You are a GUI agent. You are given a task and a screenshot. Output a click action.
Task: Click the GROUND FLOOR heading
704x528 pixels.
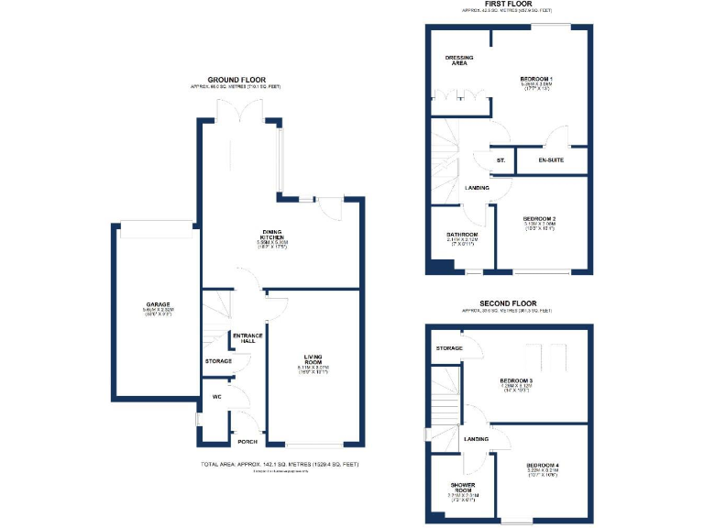pyautogui.click(x=236, y=80)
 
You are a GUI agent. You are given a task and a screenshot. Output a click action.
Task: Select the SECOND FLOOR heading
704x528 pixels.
pyautogui.click(x=507, y=303)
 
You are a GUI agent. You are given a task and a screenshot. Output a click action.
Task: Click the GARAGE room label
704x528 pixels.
pyautogui.click(x=158, y=304)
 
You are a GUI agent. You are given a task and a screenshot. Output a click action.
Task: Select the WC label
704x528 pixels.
pyautogui.click(x=217, y=397)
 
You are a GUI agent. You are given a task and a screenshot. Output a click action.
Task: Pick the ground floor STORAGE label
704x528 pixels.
pyautogui.click(x=219, y=361)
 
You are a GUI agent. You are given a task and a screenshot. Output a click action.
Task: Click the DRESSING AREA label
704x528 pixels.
pyautogui.click(x=459, y=60)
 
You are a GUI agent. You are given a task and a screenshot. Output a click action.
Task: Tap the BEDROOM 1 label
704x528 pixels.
pyautogui.click(x=541, y=80)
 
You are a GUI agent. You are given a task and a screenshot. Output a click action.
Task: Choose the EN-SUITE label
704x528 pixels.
pyautogui.click(x=550, y=160)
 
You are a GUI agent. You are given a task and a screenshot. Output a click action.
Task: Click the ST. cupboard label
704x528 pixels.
pyautogui.click(x=500, y=160)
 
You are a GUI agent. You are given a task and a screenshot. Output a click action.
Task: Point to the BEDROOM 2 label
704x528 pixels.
pyautogui.click(x=541, y=217)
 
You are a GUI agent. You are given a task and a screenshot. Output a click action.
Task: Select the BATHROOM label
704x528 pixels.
pyautogui.click(x=462, y=235)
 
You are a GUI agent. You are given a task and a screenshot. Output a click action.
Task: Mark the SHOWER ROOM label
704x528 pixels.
pyautogui.click(x=461, y=489)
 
